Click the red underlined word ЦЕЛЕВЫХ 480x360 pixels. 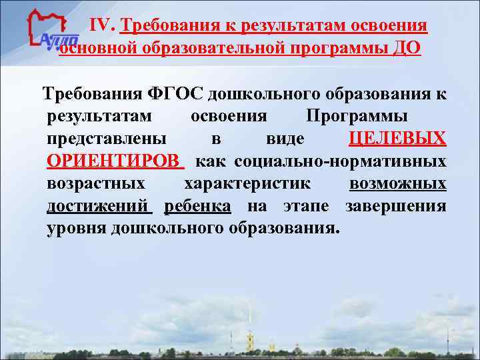[397, 139]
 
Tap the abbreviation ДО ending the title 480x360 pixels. [408, 49]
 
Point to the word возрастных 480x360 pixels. [96, 183]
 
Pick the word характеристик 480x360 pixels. [246, 183]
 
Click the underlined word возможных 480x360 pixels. [397, 183]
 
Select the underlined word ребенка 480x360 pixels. [197, 206]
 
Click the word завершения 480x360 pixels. [396, 206]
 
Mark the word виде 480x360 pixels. [285, 139]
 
